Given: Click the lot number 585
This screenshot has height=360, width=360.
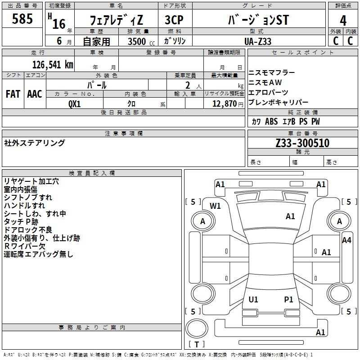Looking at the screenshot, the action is pyautogui.click(x=22, y=19).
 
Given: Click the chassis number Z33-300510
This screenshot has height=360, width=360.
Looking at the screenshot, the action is pyautogui.click(x=302, y=143).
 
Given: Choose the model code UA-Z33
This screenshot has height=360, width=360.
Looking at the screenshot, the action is pyautogui.click(x=258, y=41).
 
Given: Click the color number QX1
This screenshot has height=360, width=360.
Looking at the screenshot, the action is pyautogui.click(x=75, y=103).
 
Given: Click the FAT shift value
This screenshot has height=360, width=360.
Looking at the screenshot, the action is pyautogui.click(x=13, y=94).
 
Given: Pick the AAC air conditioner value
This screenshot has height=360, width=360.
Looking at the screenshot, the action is pyautogui.click(x=35, y=94).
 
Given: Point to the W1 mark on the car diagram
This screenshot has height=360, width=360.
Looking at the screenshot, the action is pyautogui.click(x=216, y=206).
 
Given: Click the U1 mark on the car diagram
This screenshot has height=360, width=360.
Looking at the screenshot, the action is pyautogui.click(x=253, y=299).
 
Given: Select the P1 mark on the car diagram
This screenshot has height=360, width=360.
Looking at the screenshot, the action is pyautogui.click(x=289, y=299).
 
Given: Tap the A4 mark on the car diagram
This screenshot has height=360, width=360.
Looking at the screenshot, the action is pyautogui.click(x=346, y=240).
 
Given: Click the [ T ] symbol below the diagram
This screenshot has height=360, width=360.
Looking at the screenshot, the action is pyautogui.click(x=197, y=344).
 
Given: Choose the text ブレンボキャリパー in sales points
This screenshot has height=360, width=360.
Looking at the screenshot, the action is pyautogui.click(x=278, y=102).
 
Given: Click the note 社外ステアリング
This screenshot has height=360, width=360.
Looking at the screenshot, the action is pyautogui.click(x=35, y=143).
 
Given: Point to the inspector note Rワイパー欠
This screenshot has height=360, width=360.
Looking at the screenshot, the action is pyautogui.click(x=25, y=246).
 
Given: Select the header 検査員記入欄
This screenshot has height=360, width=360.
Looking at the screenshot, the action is pyautogui.click(x=92, y=173).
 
